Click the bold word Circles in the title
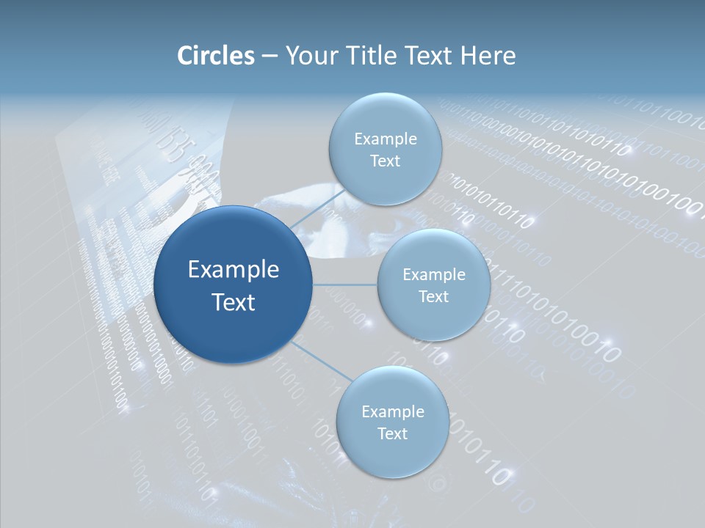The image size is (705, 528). pos(215,56)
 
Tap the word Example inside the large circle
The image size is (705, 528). pos(233,270)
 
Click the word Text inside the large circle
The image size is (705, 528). pos(233,302)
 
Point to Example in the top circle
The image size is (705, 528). pos(385,139)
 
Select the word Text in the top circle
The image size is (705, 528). pos(385,161)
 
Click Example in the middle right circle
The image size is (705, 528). pos(433,275)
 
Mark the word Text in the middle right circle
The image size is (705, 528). pos(433,297)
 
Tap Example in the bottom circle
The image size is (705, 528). pos(392,412)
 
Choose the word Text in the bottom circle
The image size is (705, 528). pos(392,434)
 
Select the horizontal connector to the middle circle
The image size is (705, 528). pos(345,285)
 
